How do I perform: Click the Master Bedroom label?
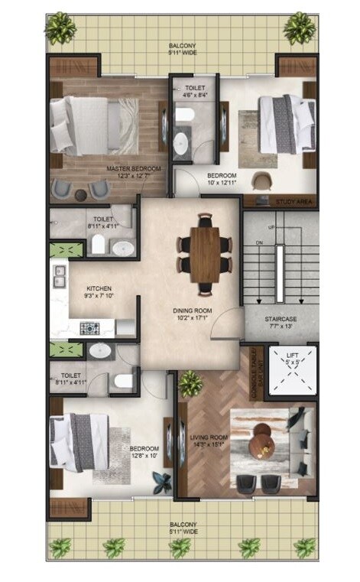click(134, 172)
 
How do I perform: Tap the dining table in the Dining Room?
click(204, 252)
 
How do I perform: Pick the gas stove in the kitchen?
click(89, 328)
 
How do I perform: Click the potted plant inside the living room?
click(190, 381)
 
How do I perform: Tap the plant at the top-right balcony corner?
click(299, 28)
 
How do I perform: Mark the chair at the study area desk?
click(261, 181)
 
